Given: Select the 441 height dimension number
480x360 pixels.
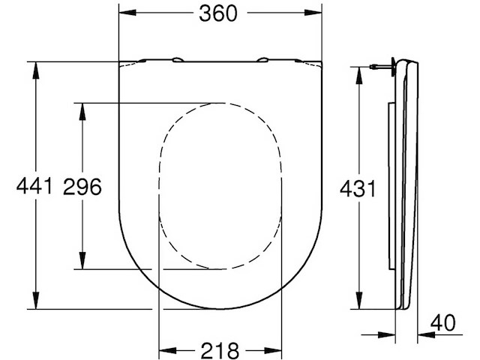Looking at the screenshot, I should (x=34, y=186).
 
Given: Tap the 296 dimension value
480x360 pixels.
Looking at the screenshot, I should (x=81, y=186).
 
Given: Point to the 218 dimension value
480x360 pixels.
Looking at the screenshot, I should (x=220, y=349).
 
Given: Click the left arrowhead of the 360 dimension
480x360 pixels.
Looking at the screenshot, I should (x=124, y=13).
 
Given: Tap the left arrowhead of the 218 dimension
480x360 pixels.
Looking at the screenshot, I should (x=164, y=349).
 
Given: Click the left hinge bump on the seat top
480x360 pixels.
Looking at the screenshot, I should (x=177, y=59).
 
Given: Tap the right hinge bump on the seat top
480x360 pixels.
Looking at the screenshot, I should (x=264, y=59).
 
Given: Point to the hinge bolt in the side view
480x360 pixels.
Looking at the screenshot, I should (x=381, y=68).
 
